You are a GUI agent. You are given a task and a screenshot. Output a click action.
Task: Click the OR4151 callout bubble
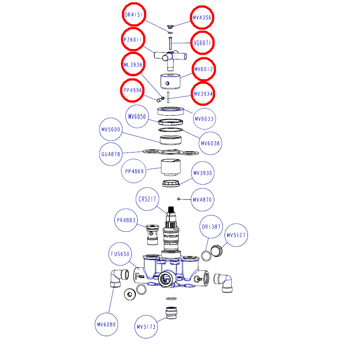(134, 15)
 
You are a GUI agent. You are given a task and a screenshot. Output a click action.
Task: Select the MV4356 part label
(202, 18)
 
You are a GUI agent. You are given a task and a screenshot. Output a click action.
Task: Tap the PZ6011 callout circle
(133, 40)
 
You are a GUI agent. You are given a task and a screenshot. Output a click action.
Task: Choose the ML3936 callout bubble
(133, 65)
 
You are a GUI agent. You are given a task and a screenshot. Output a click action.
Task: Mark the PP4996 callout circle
(133, 90)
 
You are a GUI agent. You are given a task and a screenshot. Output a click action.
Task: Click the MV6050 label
(137, 117)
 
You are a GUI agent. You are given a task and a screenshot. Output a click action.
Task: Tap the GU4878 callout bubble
(110, 154)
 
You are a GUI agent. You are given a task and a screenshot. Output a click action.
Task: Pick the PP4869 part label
(134, 171)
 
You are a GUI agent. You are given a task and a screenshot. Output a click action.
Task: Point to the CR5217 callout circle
(148, 199)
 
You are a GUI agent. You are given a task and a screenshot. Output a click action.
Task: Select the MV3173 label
(147, 327)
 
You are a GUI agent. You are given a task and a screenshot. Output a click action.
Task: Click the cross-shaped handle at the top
(170, 57)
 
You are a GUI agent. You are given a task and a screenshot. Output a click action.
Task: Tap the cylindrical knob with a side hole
(171, 81)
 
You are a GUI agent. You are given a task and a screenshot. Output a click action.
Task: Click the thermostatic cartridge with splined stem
(171, 232)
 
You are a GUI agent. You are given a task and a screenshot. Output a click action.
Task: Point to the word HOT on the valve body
(200, 279)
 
